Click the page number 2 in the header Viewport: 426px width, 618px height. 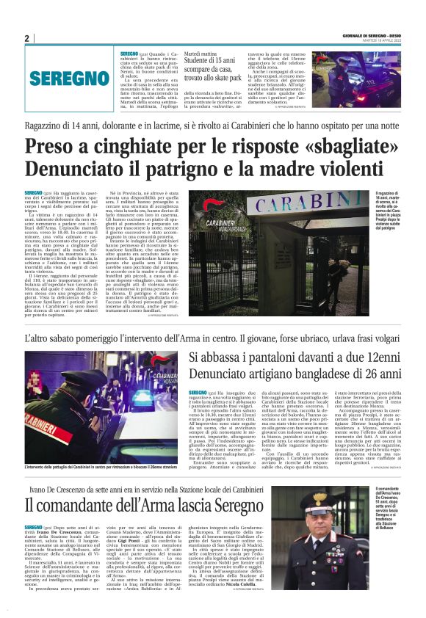point(26,38)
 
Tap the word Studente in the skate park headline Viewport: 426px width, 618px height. point(201,64)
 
